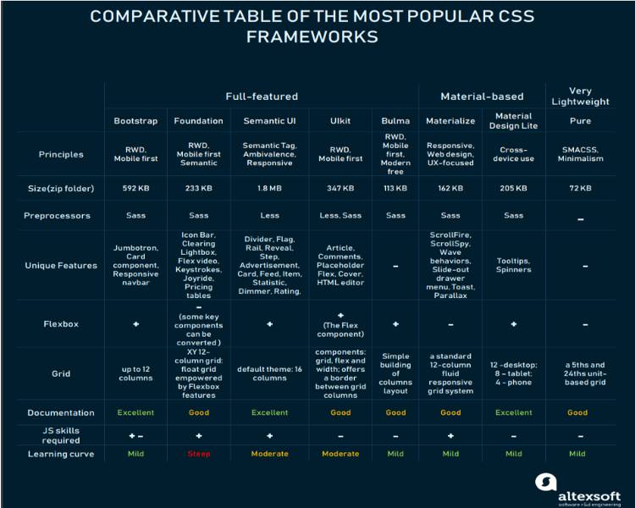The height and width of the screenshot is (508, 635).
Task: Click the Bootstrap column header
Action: pyautogui.click(x=135, y=121)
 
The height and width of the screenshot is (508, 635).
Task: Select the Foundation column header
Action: pyautogui.click(x=198, y=121)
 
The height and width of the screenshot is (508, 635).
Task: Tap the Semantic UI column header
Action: pyautogui.click(x=269, y=121)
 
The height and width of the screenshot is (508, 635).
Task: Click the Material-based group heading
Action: pyautogui.click(x=483, y=97)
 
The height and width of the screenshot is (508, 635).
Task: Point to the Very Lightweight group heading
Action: pyautogui.click(x=581, y=97)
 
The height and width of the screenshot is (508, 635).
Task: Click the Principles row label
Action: pyautogui.click(x=61, y=154)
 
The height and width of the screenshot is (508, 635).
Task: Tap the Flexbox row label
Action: pyautogui.click(x=61, y=323)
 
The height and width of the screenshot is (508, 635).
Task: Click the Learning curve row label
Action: pyautogui.click(x=61, y=454)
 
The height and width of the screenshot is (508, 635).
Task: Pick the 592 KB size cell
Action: pyautogui.click(x=135, y=188)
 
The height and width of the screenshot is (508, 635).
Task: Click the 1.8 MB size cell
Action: pyautogui.click(x=269, y=188)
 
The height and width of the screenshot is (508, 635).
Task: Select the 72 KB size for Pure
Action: pyautogui.click(x=581, y=188)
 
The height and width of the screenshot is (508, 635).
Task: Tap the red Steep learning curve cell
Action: pyautogui.click(x=198, y=454)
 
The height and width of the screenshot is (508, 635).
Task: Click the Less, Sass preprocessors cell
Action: pyautogui.click(x=340, y=216)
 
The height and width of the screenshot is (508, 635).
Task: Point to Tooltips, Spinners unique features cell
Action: pyautogui.click(x=513, y=265)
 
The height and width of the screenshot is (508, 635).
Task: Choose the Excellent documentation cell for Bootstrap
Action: pyautogui.click(x=135, y=413)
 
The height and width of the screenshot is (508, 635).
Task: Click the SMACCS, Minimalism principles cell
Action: pyautogui.click(x=581, y=154)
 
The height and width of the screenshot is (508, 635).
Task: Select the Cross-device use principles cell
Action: pyautogui.click(x=513, y=154)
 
